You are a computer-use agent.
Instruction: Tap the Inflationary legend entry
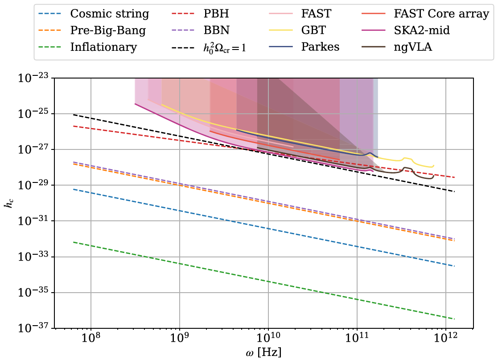[x=103, y=47]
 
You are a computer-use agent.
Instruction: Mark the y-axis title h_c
[x=9, y=203]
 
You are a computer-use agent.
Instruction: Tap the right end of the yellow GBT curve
[x=433, y=166]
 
